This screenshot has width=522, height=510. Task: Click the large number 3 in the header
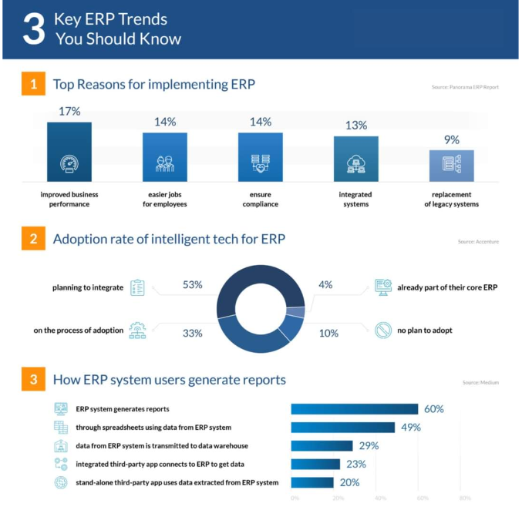(x=32, y=29)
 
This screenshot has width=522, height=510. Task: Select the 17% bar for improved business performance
(x=69, y=152)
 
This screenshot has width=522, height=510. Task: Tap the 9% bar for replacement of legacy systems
(x=451, y=165)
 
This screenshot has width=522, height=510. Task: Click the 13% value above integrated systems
(x=356, y=125)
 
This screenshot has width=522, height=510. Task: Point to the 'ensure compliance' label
(x=260, y=200)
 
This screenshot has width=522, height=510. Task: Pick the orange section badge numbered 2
(x=32, y=239)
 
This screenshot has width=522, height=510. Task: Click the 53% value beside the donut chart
(x=192, y=285)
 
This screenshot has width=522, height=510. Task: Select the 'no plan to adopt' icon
(x=383, y=330)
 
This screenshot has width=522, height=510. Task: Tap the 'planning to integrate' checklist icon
(x=137, y=287)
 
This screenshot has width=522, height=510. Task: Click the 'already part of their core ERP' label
(x=447, y=287)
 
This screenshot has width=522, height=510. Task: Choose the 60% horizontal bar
(x=354, y=409)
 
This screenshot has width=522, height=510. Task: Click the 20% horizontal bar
(x=312, y=482)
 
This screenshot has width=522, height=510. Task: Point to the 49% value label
(x=409, y=427)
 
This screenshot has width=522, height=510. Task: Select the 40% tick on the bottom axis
(x=380, y=498)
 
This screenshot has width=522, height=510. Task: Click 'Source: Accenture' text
(x=478, y=242)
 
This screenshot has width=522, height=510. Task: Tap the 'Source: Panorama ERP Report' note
(x=465, y=87)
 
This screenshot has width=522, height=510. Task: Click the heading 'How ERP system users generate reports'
(x=169, y=380)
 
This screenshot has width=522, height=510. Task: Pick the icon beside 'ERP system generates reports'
(x=61, y=408)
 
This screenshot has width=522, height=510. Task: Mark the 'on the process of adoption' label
(x=78, y=330)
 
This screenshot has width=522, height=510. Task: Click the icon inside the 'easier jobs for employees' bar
(x=165, y=164)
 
